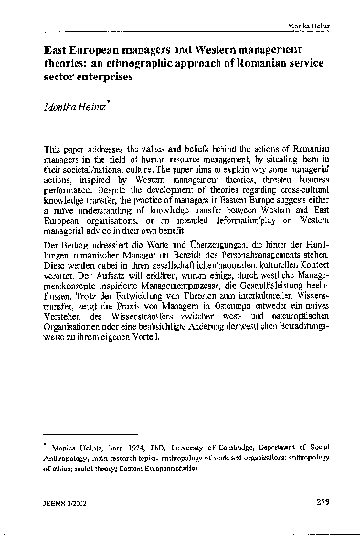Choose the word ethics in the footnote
(60, 473)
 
